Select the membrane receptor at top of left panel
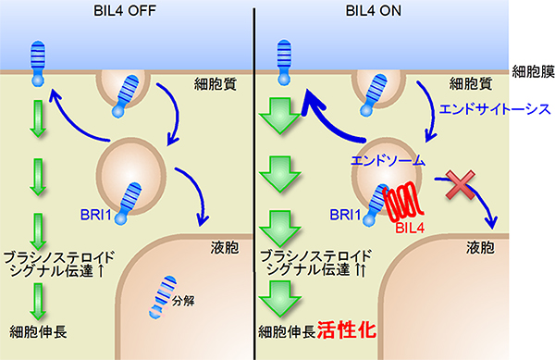(38, 65)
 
